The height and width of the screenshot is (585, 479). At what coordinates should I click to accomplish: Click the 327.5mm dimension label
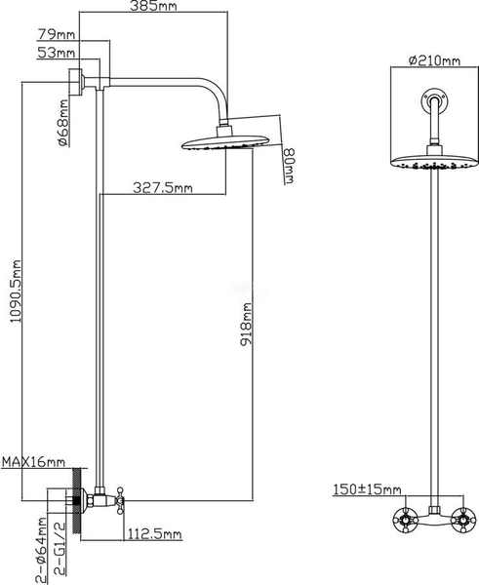(x=164, y=188)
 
